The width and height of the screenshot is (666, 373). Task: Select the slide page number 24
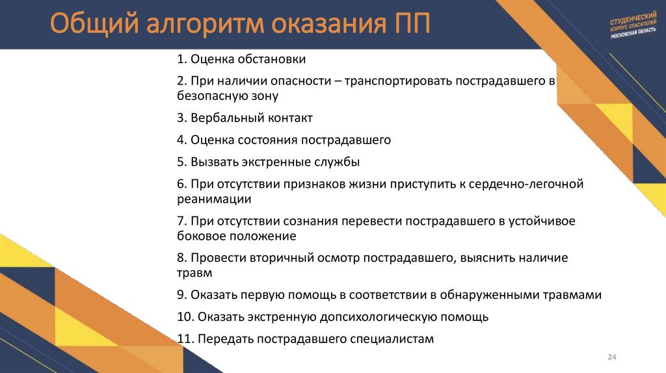611,357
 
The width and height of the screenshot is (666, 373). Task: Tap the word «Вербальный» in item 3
222,118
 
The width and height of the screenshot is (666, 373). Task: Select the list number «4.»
181,140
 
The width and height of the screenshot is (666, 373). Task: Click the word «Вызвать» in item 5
213,162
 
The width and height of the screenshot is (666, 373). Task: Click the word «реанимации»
214,199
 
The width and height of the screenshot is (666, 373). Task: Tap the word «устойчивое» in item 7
542,221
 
